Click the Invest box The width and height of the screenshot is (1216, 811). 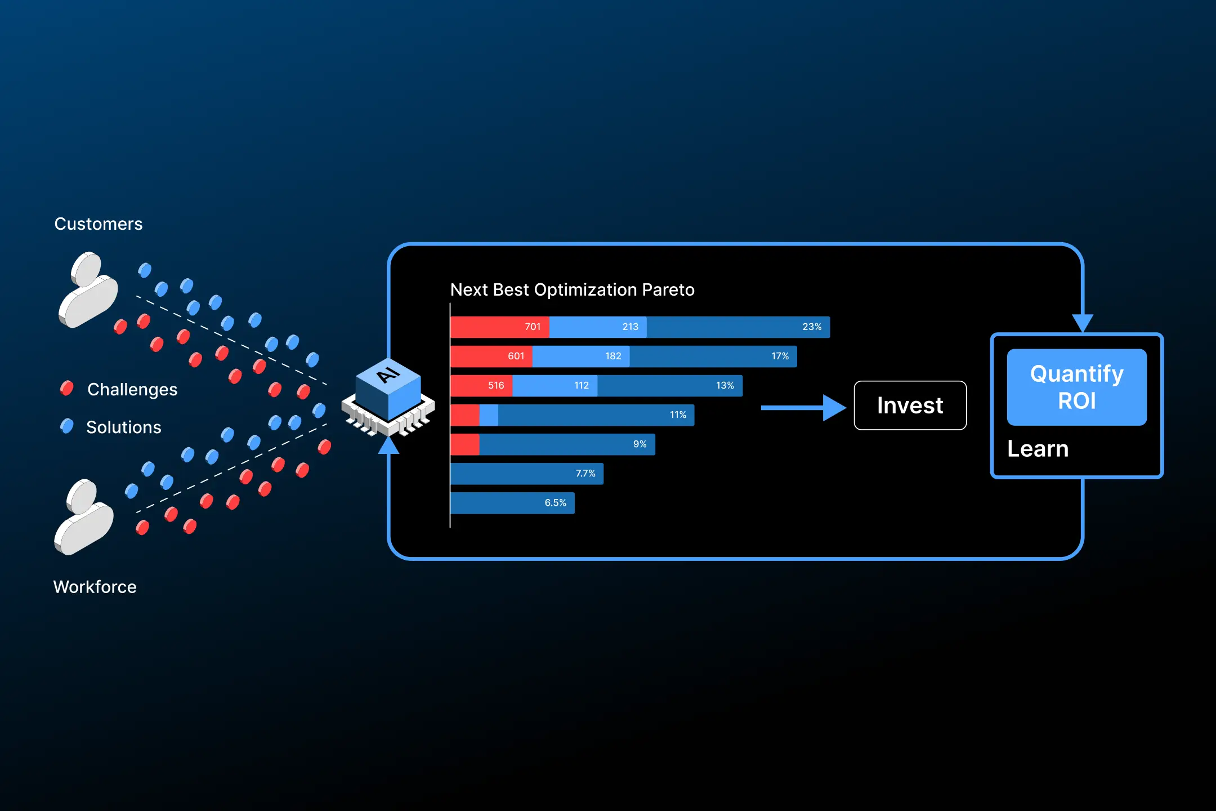pyautogui.click(x=910, y=405)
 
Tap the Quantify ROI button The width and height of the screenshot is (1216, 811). pyautogui.click(x=1076, y=387)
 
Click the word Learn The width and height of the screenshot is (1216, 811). pyautogui.click(x=1038, y=449)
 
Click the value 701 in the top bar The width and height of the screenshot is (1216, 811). pyautogui.click(x=532, y=327)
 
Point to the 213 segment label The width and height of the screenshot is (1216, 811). pyautogui.click(x=630, y=327)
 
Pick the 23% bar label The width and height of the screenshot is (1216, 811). pyautogui.click(x=811, y=327)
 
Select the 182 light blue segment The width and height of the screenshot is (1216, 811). pyautogui.click(x=613, y=356)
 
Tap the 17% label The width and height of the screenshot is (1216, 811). pyautogui.click(x=780, y=356)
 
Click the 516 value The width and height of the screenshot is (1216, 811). pyautogui.click(x=495, y=385)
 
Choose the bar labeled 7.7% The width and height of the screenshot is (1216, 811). pyautogui.click(x=527, y=474)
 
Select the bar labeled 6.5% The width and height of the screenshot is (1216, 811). pyautogui.click(x=512, y=503)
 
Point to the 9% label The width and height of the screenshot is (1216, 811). pyautogui.click(x=640, y=444)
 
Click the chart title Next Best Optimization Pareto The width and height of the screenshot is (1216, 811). pyautogui.click(x=572, y=289)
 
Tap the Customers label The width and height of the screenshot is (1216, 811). pyautogui.click(x=99, y=224)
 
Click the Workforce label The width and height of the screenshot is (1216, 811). pyautogui.click(x=95, y=587)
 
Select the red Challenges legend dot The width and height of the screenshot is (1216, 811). pyautogui.click(x=67, y=388)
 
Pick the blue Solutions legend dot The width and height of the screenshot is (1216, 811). pyautogui.click(x=67, y=426)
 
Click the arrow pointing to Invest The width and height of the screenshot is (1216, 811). pyautogui.click(x=803, y=408)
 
